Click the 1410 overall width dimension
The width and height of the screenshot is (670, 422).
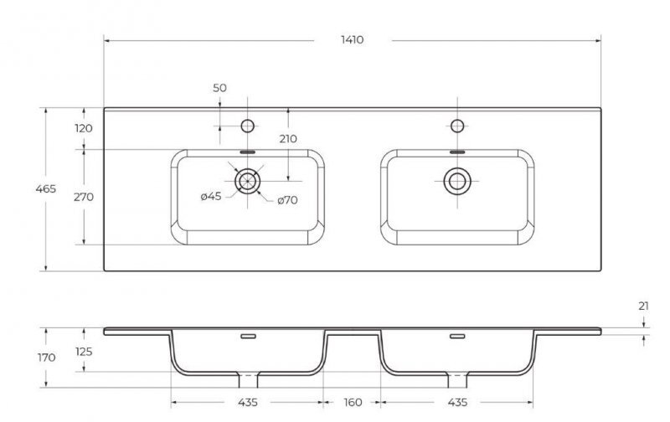click(x=352, y=39)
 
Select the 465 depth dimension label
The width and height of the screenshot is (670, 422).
click(x=46, y=188)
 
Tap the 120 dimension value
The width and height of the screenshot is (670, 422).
click(x=83, y=128)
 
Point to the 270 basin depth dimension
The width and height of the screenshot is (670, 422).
click(x=83, y=197)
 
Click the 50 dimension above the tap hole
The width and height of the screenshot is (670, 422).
click(x=219, y=88)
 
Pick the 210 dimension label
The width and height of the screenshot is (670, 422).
click(x=288, y=139)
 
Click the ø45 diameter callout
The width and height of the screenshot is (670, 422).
click(x=211, y=197)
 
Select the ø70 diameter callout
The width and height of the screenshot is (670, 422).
click(x=287, y=200)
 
